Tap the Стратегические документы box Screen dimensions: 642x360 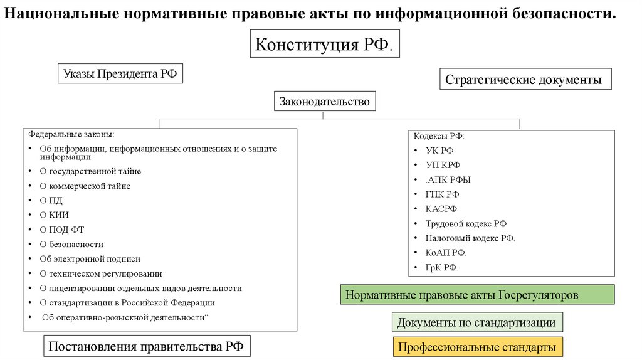click(x=524, y=80)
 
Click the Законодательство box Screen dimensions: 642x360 click(x=324, y=100)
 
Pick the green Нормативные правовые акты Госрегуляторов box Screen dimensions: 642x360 click(x=477, y=294)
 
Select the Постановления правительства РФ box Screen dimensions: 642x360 click(x=146, y=347)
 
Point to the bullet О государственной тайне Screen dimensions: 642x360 click(x=90, y=171)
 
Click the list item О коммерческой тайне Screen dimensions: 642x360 click(x=85, y=186)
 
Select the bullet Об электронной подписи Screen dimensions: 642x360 click(x=90, y=259)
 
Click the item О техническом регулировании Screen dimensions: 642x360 click(x=101, y=273)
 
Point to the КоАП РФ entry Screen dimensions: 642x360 click(x=446, y=253)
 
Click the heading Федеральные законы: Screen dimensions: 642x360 click(x=71, y=134)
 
